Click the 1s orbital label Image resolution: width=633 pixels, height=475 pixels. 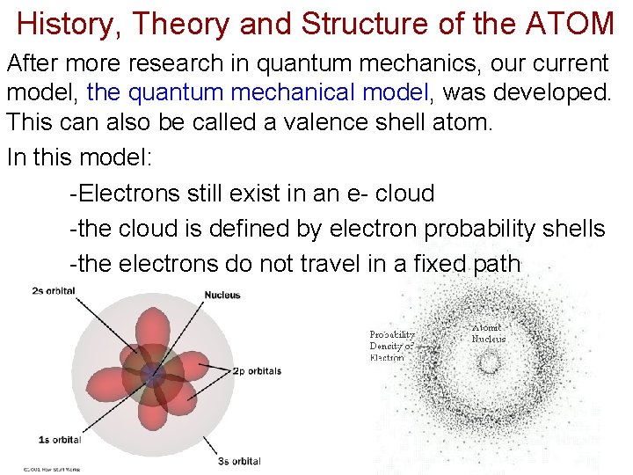pyautogui.click(x=59, y=439)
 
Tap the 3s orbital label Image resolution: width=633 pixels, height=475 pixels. pyautogui.click(x=239, y=461)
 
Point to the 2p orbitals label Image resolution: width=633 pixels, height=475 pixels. pyautogui.click(x=257, y=371)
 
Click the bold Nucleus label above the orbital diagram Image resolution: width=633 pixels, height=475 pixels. pyautogui.click(x=222, y=295)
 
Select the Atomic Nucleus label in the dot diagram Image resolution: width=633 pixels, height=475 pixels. pyautogui.click(x=489, y=333)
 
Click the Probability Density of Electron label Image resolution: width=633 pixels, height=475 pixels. pyautogui.click(x=391, y=346)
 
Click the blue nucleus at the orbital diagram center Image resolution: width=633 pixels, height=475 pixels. pyautogui.click(x=155, y=373)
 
